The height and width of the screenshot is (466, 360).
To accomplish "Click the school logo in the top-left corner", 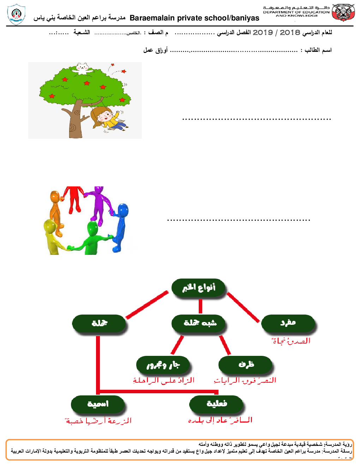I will click(x=16, y=14).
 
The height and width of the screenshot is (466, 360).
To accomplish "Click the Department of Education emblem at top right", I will click(x=343, y=13).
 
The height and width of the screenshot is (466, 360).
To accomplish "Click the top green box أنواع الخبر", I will click(x=199, y=288).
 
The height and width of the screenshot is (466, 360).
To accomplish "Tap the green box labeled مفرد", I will click(x=288, y=323).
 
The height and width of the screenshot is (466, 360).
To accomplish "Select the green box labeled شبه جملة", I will click(x=199, y=323).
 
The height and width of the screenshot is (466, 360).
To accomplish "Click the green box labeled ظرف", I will click(x=246, y=364).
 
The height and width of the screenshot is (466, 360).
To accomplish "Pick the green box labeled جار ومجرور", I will click(x=163, y=364).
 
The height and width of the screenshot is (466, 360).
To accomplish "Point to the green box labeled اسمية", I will click(x=98, y=404).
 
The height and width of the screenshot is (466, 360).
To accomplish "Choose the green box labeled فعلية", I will click(x=216, y=404).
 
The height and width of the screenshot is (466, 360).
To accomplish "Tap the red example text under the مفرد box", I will click(x=291, y=341).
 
